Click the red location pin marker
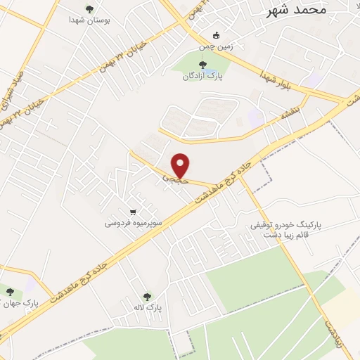tap(181, 165)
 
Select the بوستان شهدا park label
tap(89, 22)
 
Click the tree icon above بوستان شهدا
tap(89, 9)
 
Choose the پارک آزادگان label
tap(203, 77)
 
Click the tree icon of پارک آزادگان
tap(203, 65)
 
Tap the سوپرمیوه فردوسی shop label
tap(134, 223)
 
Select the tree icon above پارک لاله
tap(147, 296)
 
